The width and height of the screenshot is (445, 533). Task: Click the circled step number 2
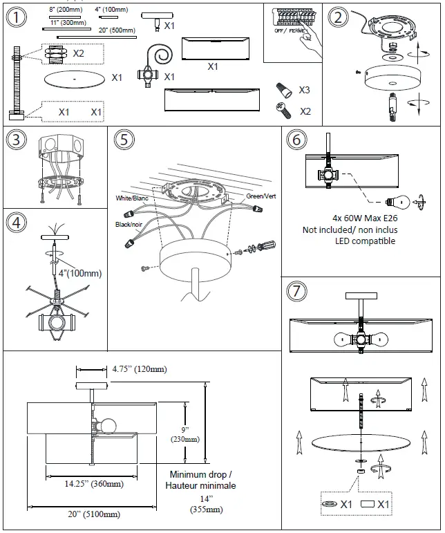[x=338, y=17]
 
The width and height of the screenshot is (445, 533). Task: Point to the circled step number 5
[x=123, y=140]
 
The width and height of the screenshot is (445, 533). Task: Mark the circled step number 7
[x=296, y=292]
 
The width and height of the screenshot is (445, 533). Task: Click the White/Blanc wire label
[x=132, y=198]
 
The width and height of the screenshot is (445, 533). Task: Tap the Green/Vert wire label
[x=261, y=196]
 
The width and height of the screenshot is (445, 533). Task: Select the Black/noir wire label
[x=130, y=225]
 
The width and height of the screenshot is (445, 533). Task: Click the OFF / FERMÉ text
[x=289, y=31]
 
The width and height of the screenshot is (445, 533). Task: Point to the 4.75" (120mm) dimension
[x=139, y=369]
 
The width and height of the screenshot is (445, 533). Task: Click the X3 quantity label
[x=305, y=91]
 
